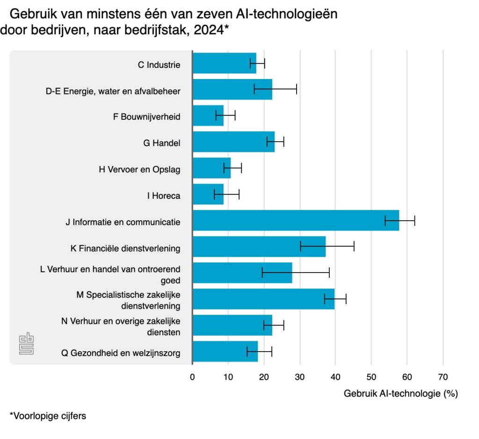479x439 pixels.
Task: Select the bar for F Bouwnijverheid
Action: point(208,115)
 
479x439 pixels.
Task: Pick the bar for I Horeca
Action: point(208,194)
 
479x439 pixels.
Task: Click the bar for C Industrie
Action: point(224,63)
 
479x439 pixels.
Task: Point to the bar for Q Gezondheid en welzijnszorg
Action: point(225,351)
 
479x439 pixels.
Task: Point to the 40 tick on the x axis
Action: point(335,377)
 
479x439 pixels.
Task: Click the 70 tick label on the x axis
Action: point(443,377)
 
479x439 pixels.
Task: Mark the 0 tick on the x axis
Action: point(192,377)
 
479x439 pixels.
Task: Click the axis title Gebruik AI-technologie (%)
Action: point(400,394)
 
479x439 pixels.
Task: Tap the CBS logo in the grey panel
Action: point(26,345)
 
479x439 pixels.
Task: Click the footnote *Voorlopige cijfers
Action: point(48,416)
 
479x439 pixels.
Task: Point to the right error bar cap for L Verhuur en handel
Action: point(329,273)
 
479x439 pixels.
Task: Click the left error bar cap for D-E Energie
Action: point(254,89)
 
